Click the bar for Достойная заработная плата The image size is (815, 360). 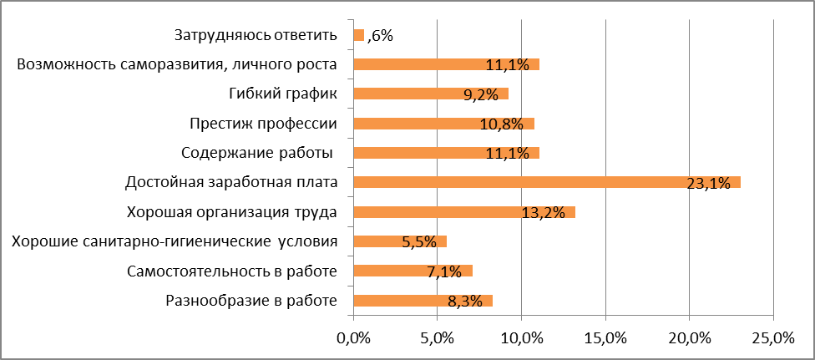click(547, 182)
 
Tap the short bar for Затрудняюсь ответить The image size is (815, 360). click(359, 35)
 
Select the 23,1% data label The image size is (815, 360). click(708, 183)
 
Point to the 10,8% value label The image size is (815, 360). click(502, 124)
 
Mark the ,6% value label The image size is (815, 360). click(380, 35)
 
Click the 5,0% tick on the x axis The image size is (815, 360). click(438, 338)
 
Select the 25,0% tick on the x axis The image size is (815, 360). click(772, 338)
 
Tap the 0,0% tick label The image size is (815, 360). click(353, 338)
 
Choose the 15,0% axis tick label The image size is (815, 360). click(605, 338)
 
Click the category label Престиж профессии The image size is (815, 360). click(264, 124)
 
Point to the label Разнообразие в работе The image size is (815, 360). click(251, 301)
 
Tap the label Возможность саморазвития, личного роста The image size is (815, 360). click(177, 64)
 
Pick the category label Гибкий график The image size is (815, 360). click(282, 94)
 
